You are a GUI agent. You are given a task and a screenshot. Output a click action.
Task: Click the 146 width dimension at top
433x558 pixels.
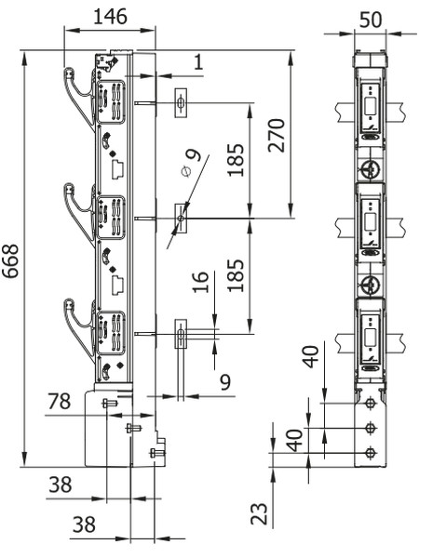(x=110, y=17)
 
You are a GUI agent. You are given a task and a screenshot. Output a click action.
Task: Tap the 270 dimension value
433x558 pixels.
(x=277, y=135)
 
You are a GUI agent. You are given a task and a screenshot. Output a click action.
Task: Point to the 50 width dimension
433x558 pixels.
(x=371, y=20)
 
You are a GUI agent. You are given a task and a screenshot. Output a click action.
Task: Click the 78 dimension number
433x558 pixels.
(x=60, y=402)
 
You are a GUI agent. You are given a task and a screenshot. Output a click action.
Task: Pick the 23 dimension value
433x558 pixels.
(x=259, y=513)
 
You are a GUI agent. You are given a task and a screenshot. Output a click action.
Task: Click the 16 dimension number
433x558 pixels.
(x=200, y=282)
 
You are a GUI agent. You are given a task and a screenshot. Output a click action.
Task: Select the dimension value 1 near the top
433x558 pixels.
(x=198, y=62)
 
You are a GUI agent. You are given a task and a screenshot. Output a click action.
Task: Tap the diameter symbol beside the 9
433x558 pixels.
(x=186, y=171)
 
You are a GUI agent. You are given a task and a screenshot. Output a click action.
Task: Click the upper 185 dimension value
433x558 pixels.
(x=236, y=160)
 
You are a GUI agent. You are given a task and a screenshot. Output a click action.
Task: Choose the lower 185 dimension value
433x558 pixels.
(x=236, y=275)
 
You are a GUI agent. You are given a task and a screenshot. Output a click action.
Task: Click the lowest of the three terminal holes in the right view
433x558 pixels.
(x=371, y=453)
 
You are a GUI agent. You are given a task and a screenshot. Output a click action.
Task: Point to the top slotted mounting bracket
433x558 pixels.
(x=181, y=103)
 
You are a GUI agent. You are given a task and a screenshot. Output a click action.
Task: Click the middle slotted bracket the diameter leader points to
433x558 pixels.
(x=181, y=218)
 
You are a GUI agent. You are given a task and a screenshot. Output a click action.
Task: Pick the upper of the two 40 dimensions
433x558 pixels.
(x=311, y=356)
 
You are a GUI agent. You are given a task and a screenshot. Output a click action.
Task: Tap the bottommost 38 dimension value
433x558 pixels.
(x=84, y=525)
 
